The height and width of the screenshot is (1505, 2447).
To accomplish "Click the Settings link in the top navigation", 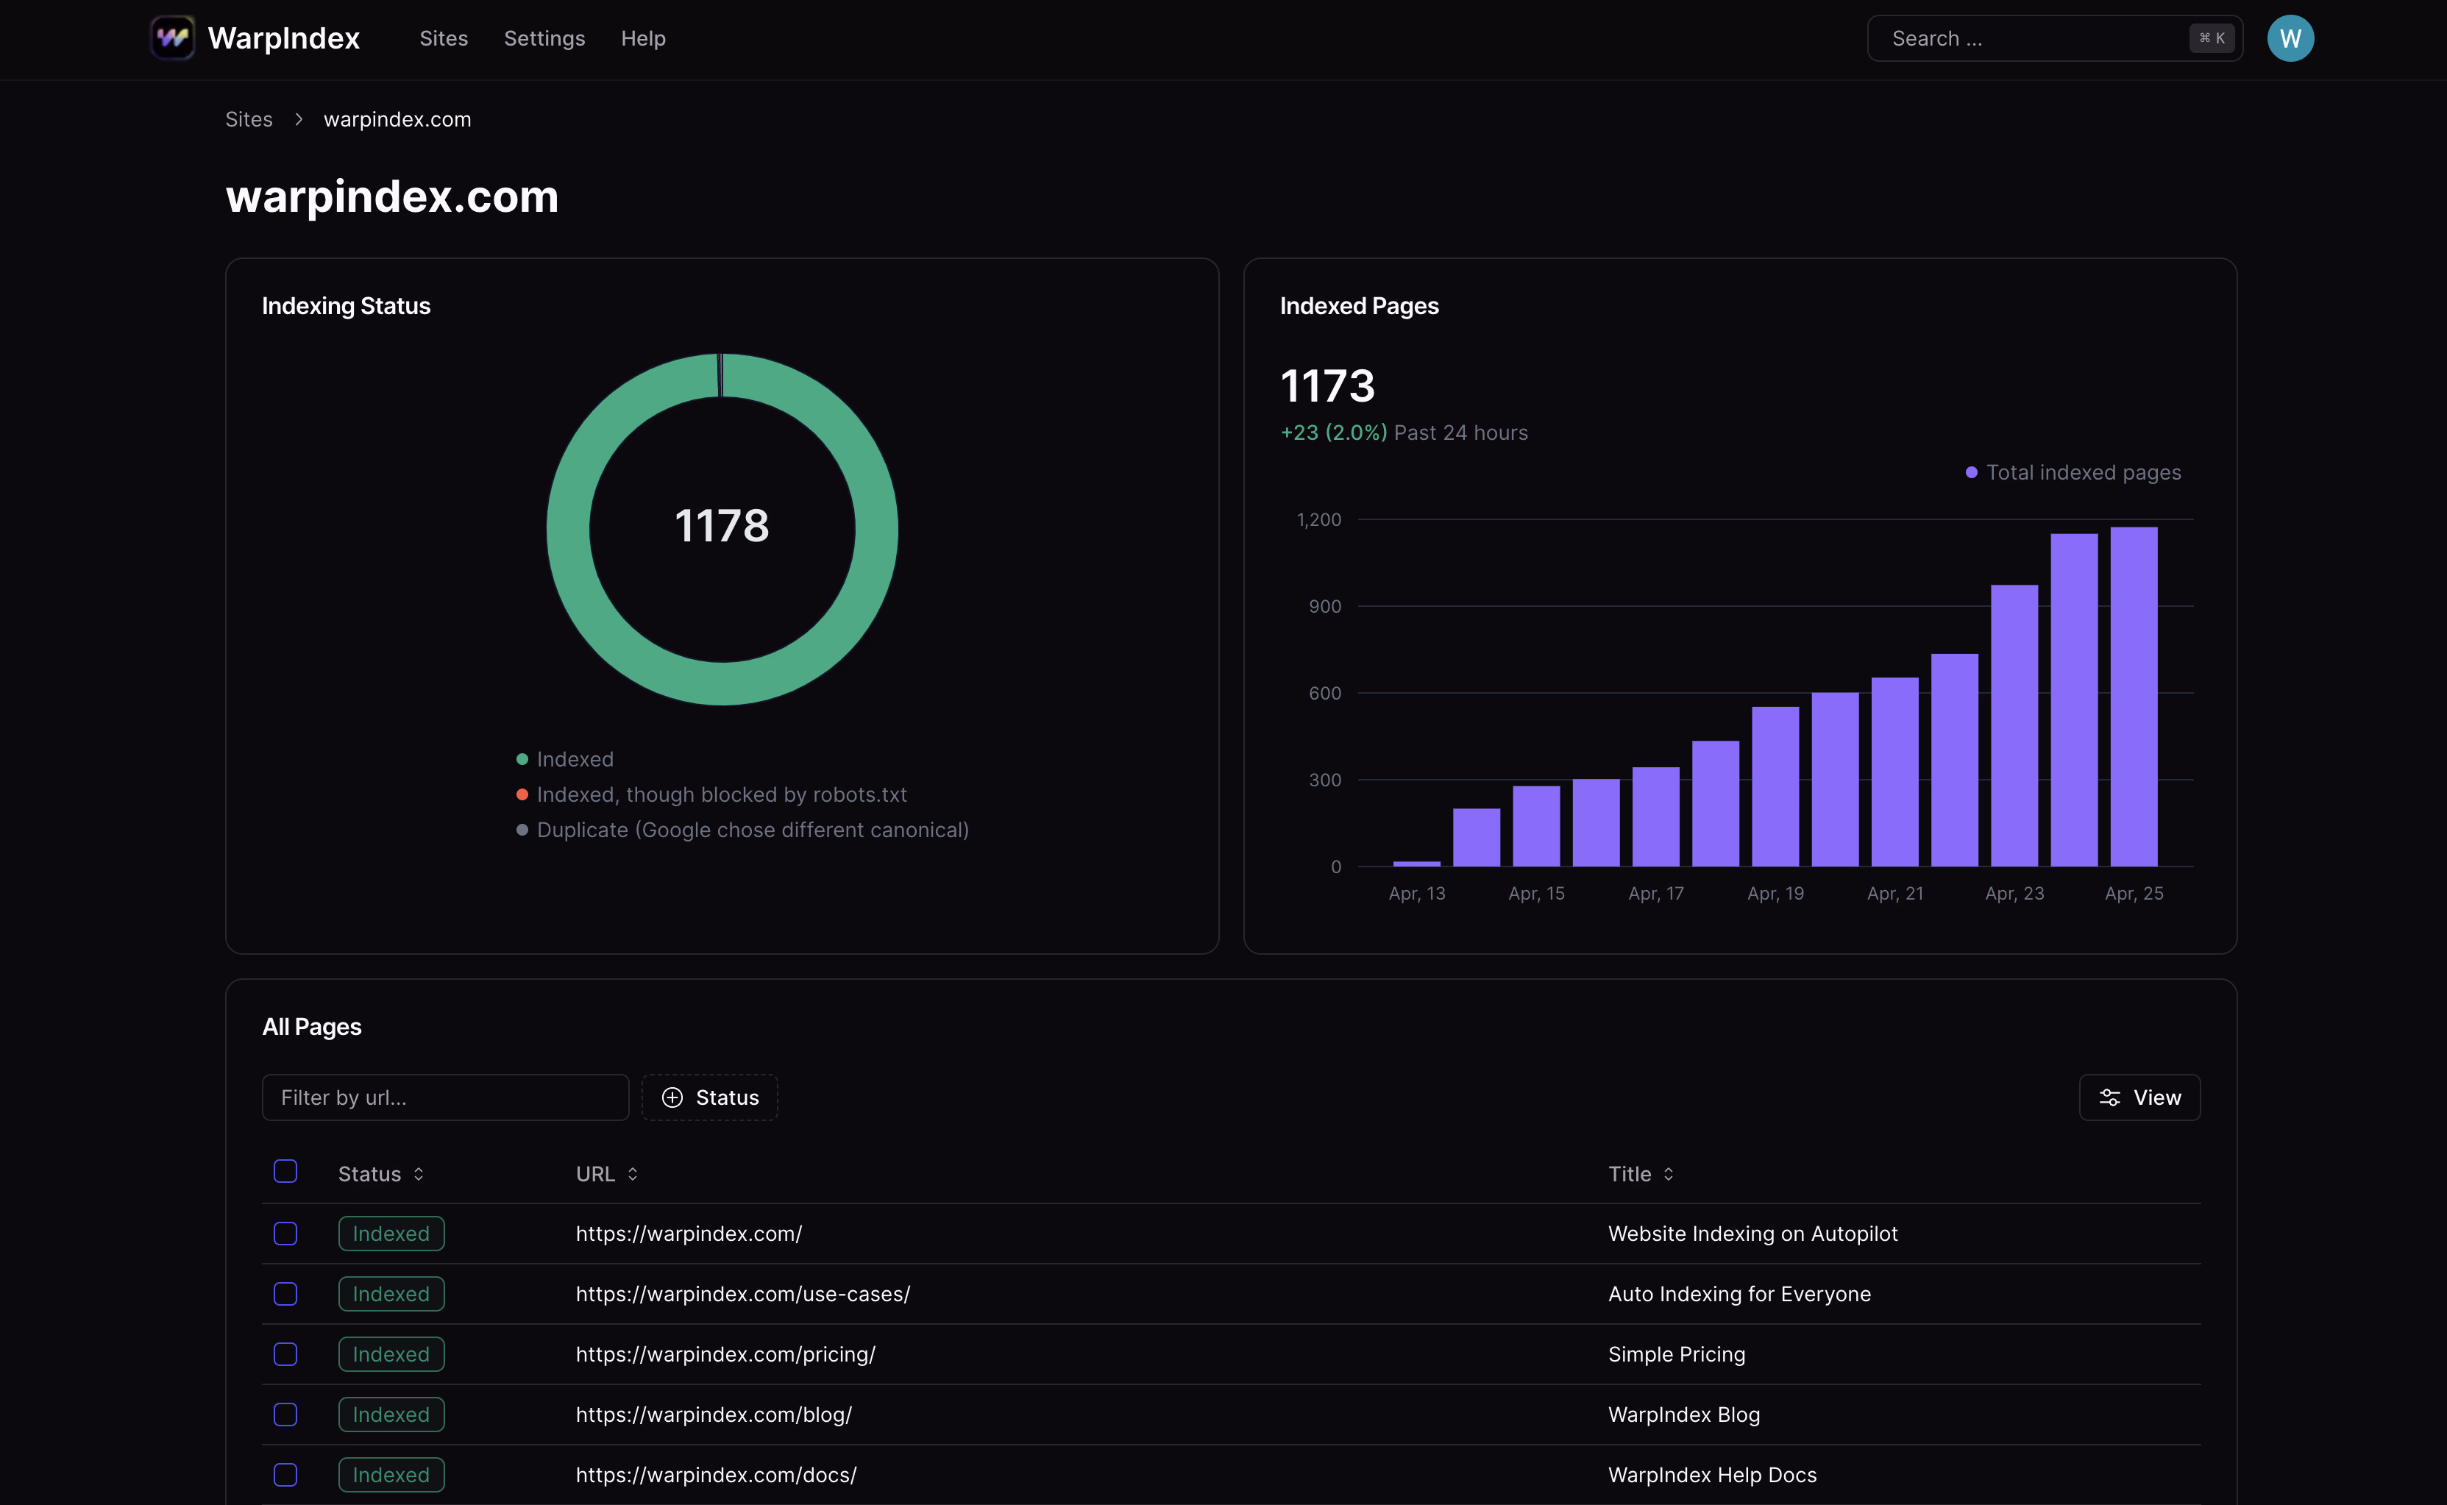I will click(x=544, y=39).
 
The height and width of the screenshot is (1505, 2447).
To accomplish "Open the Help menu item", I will click(x=643, y=39).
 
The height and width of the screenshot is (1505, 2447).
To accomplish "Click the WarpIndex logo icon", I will click(x=172, y=38).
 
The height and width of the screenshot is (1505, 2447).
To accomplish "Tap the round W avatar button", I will click(x=2290, y=39).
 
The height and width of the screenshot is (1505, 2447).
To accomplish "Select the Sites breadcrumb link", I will click(x=249, y=119).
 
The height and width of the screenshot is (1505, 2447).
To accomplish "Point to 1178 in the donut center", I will click(x=722, y=525).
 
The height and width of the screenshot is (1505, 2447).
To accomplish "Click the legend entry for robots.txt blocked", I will click(x=721, y=794).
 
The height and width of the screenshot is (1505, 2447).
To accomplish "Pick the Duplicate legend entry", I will click(x=752, y=830).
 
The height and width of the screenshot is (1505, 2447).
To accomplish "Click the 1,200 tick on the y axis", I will click(x=1319, y=519).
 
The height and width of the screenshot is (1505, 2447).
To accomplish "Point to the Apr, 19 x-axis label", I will click(x=1775, y=894).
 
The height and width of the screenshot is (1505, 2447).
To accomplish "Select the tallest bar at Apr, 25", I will click(x=2134, y=697).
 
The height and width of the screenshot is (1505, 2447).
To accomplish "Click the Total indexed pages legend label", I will click(x=2083, y=473).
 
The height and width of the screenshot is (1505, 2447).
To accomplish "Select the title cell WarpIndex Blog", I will click(x=1683, y=1415).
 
